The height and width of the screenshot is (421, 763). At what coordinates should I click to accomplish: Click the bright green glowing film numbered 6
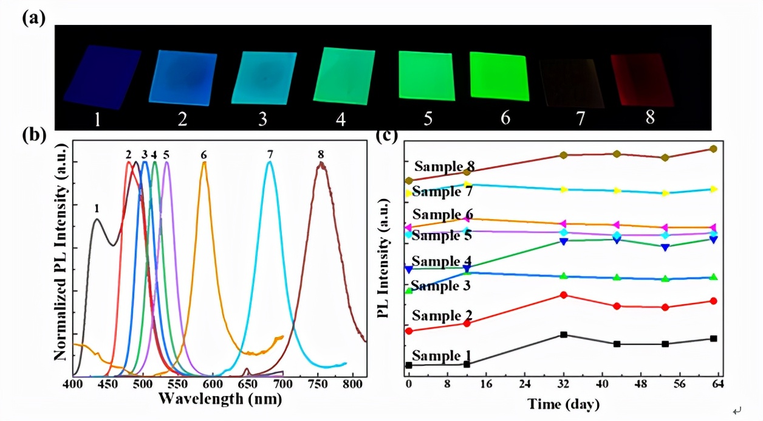coord(498,76)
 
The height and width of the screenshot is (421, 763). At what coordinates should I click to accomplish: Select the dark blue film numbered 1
coord(102,76)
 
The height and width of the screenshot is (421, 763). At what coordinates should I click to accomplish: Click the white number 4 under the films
coord(341,119)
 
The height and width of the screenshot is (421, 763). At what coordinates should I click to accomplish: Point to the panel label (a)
coord(34,18)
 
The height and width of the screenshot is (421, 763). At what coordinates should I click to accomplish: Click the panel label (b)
coord(34,135)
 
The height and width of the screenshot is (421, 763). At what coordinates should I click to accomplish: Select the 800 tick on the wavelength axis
coord(352,384)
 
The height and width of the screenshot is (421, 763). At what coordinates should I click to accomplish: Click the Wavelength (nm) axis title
coord(220,398)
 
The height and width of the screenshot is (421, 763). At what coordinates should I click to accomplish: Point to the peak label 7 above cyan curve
coord(270,155)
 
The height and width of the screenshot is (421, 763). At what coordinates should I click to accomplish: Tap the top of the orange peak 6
coord(204,162)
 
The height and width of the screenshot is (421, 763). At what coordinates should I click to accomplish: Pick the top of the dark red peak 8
coord(321,163)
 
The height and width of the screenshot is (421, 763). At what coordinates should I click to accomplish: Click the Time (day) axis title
coord(563,404)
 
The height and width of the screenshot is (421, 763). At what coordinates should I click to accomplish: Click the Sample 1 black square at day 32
coord(564,335)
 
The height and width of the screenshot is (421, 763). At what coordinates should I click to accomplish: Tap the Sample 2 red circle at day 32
coord(564,295)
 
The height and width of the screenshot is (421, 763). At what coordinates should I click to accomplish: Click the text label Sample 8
coord(444,166)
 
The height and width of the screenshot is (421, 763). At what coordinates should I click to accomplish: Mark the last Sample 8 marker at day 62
coord(714,148)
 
